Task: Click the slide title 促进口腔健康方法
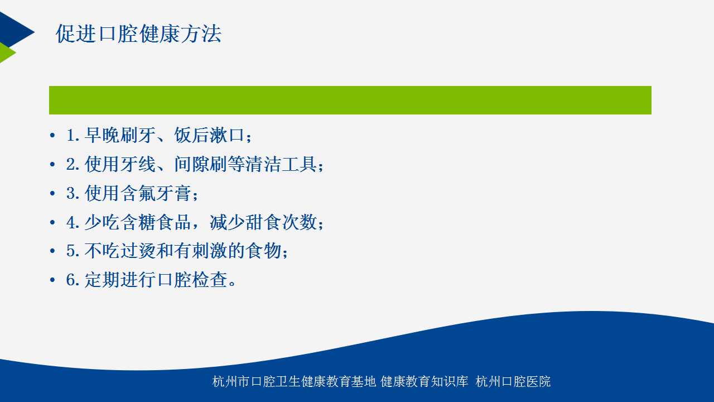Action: [x=138, y=33]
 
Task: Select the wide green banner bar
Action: [x=350, y=100]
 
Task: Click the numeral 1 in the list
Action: [x=70, y=135]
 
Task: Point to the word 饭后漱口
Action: [x=209, y=135]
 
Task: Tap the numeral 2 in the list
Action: [x=70, y=164]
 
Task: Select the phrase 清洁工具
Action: [x=281, y=164]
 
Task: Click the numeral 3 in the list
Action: [x=70, y=193]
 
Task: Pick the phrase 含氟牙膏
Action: [x=156, y=193]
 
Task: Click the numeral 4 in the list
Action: [x=70, y=222]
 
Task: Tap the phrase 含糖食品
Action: [x=156, y=222]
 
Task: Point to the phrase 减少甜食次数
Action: [x=263, y=222]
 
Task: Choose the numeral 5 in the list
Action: [x=70, y=251]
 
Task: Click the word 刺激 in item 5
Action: [x=209, y=251]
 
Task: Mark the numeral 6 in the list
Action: [x=70, y=280]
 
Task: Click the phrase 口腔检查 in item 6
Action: [x=191, y=280]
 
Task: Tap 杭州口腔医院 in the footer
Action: [x=513, y=381]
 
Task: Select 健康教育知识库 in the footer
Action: [x=424, y=381]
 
